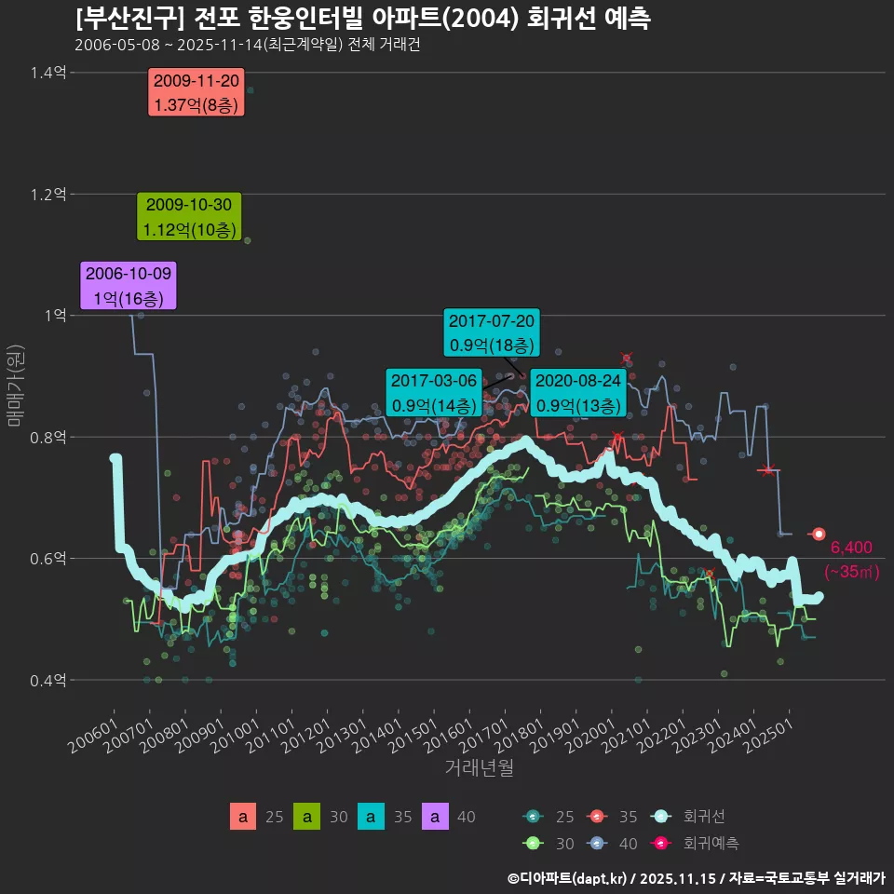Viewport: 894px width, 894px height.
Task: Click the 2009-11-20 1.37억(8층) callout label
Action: tap(196, 93)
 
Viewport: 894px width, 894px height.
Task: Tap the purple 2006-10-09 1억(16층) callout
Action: tap(129, 286)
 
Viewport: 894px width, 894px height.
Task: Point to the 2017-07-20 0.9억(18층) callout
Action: tap(492, 332)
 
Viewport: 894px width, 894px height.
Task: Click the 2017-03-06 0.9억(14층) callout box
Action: tap(434, 393)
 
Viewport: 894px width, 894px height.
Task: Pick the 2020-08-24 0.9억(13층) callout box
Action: tap(578, 393)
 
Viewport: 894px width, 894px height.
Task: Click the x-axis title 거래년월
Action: tap(479, 767)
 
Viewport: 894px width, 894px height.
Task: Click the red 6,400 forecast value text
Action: tap(850, 548)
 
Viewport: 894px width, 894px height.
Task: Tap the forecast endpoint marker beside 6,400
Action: tap(819, 534)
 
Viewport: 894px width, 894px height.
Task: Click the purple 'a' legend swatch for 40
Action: tap(435, 817)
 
